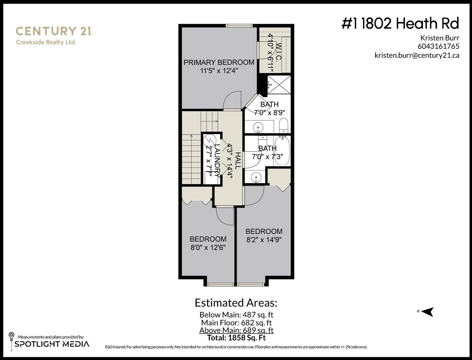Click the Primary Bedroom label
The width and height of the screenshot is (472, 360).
(x=219, y=62)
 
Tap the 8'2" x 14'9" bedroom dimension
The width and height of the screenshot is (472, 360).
(x=264, y=240)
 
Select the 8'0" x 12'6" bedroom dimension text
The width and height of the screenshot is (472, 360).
(x=208, y=247)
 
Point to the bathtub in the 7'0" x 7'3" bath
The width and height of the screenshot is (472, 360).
(x=282, y=150)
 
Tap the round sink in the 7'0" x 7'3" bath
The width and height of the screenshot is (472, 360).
(x=257, y=177)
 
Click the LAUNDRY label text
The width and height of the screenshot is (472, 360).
(x=217, y=161)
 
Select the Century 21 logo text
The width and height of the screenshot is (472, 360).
(x=53, y=31)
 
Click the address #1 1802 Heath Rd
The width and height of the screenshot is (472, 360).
(x=400, y=24)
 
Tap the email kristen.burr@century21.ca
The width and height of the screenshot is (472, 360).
(x=417, y=55)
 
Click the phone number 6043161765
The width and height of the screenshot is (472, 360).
(x=438, y=46)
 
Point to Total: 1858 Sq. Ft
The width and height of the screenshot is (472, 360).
(x=236, y=338)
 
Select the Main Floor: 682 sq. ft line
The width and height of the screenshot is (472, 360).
(x=236, y=323)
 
